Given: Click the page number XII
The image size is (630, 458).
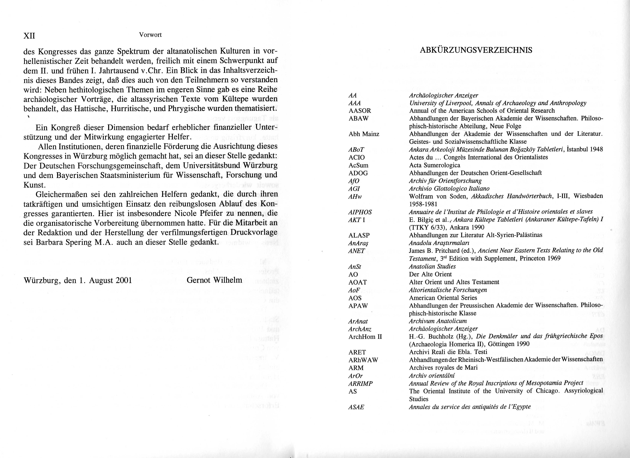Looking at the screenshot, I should coord(29,36).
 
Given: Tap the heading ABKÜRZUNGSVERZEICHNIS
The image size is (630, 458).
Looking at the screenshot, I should coord(476,50).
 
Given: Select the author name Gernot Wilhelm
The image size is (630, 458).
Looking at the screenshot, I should coord(214,280).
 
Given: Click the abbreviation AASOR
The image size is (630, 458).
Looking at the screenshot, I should coord(360,111).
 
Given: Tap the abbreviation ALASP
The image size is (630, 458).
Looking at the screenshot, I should coord(359,235).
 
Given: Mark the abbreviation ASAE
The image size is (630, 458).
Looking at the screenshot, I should coord(356,407).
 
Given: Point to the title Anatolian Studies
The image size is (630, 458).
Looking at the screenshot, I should coord(432,266).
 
